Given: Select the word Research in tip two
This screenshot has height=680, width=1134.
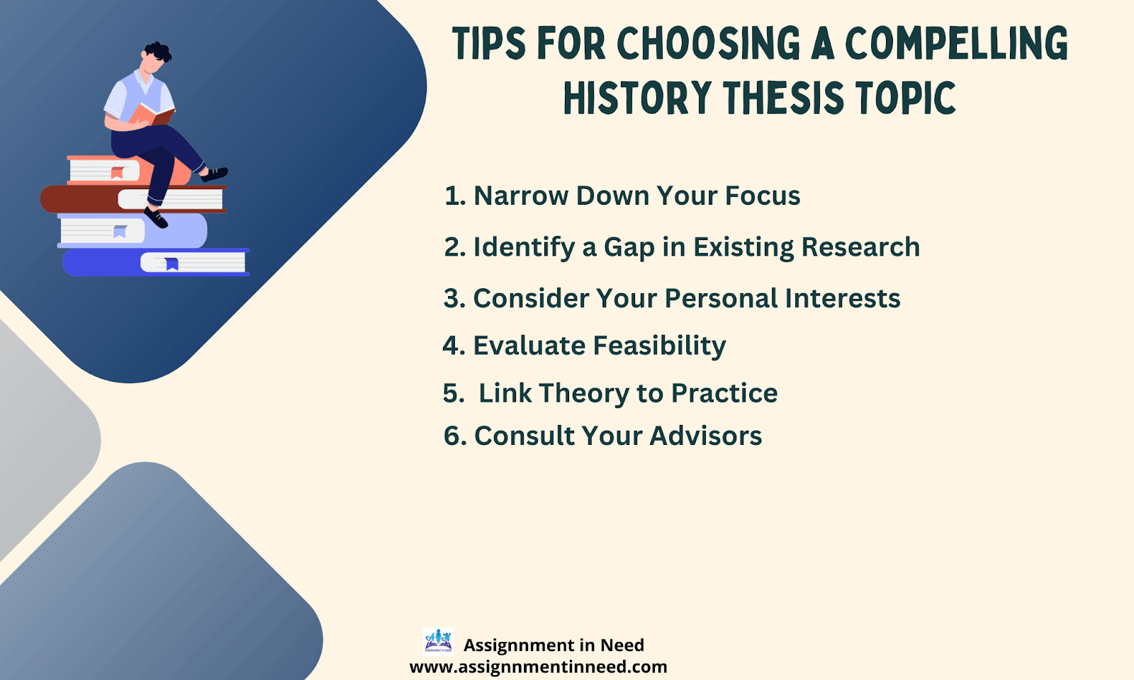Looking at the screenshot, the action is pos(860,247).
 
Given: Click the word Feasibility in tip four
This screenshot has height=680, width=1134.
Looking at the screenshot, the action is pos(659,346).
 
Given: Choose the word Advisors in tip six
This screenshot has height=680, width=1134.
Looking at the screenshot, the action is pos(706,436).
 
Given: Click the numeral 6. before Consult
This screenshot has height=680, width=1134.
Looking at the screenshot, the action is pos(454,436).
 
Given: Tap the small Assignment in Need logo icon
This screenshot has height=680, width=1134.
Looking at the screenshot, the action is pos(438,642).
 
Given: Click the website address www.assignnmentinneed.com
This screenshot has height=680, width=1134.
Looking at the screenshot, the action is pos(538,667).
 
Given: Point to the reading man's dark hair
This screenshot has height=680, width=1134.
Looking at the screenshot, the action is pos(159,51).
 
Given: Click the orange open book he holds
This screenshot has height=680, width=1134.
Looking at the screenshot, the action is pos(152,115).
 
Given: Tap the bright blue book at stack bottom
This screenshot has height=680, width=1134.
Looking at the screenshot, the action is pos(156,262).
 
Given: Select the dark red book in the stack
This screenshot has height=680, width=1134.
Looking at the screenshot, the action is pos(134,199).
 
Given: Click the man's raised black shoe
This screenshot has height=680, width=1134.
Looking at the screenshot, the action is pos(215,174).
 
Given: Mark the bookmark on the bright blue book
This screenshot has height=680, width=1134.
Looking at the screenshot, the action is pos(172,264).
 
